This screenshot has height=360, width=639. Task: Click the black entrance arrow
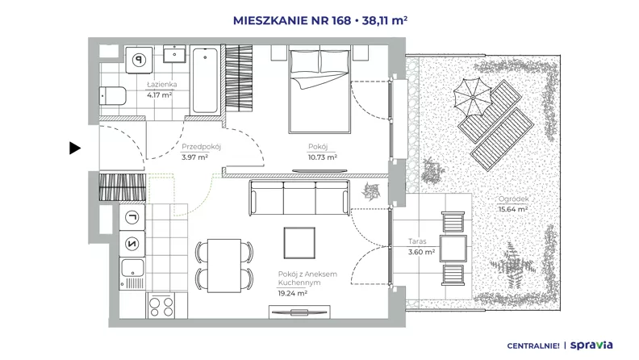tap(74, 148)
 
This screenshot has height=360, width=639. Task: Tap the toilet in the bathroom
tap(112, 96)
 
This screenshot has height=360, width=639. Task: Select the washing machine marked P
tap(139, 60)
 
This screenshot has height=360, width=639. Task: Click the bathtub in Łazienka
tap(205, 81)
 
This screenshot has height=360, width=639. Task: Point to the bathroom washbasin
tap(174, 54)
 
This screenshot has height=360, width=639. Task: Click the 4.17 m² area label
tap(159, 95)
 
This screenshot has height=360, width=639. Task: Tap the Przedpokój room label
tap(202, 147)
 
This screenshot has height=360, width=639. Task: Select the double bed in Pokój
tap(319, 90)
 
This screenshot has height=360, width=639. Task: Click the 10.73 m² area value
tap(323, 157)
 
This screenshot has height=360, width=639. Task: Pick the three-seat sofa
tap(299, 198)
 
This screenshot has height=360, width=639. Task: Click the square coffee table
tap(299, 243)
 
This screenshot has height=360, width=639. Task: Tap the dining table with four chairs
tap(224, 266)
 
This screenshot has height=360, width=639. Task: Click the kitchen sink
tap(132, 273)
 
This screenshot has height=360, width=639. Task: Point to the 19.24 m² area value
tap(293, 293)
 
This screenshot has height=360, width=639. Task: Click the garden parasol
tap(472, 98)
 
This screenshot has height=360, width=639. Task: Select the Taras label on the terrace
tap(417, 242)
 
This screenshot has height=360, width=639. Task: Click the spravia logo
tap(591, 345)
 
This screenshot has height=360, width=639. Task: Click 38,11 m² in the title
tap(385, 20)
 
